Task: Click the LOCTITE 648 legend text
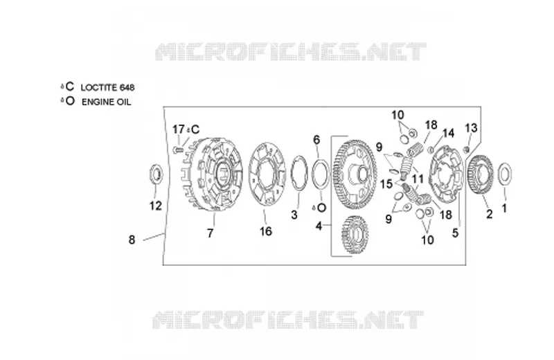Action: pos(107,87)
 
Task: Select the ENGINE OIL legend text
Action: pos(107,102)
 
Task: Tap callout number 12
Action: pos(155,206)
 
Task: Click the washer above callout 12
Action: pos(157,174)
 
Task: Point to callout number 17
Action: pos(179,129)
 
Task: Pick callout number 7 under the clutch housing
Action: pos(211,233)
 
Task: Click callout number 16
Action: pos(266,231)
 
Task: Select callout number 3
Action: pos(294,215)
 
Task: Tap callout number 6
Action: pos(316,140)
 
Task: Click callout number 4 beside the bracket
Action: pos(319,226)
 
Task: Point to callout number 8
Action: pos(132,240)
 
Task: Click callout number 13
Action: pos(471,128)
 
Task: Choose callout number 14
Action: pos(448,133)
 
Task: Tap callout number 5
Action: pos(455,233)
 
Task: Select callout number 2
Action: pos(490,214)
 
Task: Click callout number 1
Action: pos(505,208)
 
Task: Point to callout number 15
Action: pos(386,183)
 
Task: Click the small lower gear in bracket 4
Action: pos(355,235)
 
